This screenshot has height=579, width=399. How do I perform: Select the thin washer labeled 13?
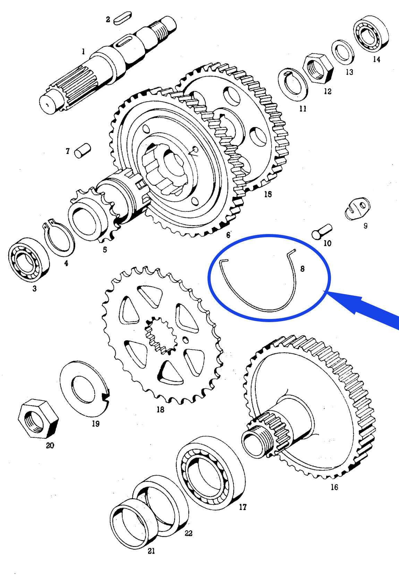[343, 52]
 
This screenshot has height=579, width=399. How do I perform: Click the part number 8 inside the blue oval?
[302, 269]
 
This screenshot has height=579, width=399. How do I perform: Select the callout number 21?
[151, 551]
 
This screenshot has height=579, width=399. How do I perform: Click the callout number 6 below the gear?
[228, 235]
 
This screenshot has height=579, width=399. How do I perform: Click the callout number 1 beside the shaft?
[83, 52]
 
